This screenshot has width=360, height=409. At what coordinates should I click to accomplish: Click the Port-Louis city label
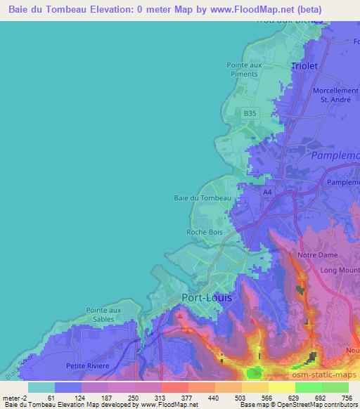coord(207,297)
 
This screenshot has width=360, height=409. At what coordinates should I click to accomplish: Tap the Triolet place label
coord(304,65)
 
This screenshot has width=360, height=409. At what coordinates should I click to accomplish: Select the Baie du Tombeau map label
coord(202,198)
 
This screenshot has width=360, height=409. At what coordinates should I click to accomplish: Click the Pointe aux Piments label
coord(245,69)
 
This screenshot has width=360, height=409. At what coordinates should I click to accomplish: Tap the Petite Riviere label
coord(86,365)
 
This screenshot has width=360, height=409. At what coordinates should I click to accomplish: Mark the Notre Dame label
coord(318,255)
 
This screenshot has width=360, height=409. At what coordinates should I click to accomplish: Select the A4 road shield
coord(267,192)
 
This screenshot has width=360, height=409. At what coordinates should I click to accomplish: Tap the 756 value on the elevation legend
coord(349,397)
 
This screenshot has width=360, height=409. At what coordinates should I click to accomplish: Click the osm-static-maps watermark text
coord(330,377)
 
